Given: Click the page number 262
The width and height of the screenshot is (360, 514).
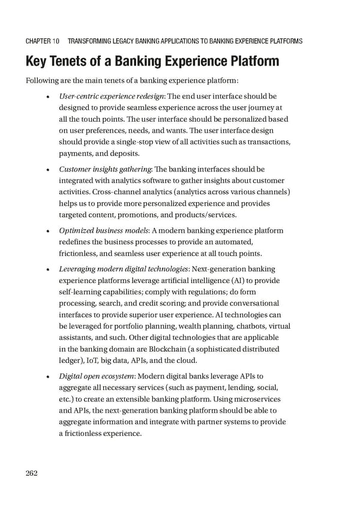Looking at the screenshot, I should click(32, 473).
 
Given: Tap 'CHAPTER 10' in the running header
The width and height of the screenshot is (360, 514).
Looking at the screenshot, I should click(42, 41).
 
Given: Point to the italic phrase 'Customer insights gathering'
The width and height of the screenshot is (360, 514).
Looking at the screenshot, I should click(104, 169).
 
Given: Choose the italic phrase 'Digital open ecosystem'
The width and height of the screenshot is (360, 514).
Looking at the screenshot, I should click(97, 377).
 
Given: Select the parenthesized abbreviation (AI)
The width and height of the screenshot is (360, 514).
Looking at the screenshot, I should click(239, 280).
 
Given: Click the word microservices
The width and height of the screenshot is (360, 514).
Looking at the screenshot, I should click(255, 399).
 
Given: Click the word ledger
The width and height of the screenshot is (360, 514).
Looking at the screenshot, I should click(72, 360).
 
